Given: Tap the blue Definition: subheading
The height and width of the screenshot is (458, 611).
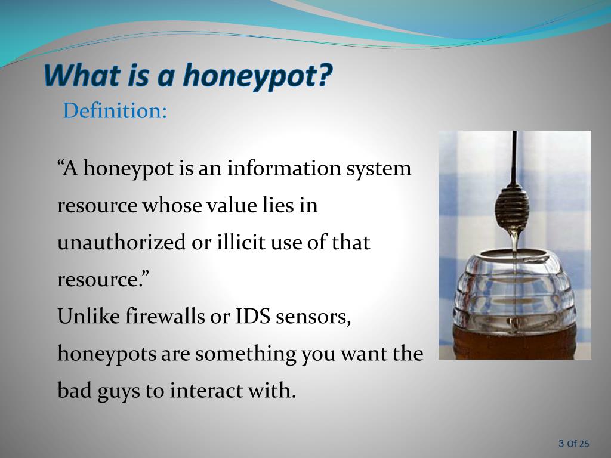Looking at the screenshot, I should [x=115, y=110].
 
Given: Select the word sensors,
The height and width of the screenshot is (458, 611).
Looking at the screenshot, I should [x=313, y=317].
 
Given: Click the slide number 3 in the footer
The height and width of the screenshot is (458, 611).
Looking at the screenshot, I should [x=561, y=443].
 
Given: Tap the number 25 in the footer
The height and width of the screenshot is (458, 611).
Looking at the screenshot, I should [x=584, y=443].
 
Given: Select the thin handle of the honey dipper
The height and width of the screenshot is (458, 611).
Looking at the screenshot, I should [x=514, y=155].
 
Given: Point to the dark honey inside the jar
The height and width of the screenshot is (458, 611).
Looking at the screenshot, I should [x=513, y=343].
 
